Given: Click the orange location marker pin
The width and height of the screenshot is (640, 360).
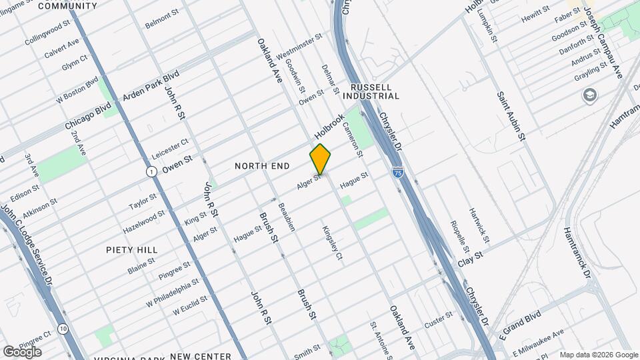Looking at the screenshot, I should click(x=320, y=159).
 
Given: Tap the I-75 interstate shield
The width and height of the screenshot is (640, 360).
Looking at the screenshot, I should click(x=398, y=173).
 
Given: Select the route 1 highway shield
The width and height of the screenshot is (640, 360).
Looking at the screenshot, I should click(x=152, y=172).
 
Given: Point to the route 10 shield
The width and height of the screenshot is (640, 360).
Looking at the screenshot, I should click(x=63, y=329).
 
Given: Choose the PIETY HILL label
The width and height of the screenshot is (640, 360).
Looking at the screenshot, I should click(x=131, y=249).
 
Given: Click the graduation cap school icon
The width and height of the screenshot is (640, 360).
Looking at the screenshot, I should click(x=589, y=96).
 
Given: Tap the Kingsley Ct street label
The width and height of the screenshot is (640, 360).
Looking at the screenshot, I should click(x=331, y=243).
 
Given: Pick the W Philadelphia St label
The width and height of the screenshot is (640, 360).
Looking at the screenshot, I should click(x=173, y=291).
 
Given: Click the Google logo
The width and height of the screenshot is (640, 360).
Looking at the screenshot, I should click(x=22, y=351).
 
